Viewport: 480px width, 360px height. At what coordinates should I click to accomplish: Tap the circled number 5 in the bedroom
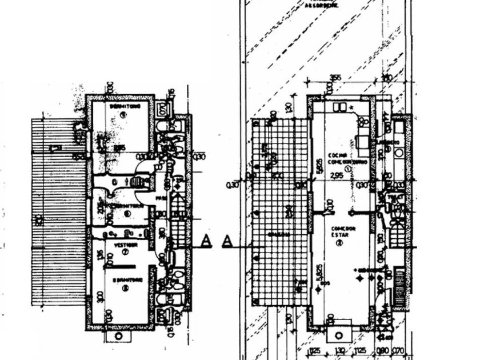(x=122, y=114)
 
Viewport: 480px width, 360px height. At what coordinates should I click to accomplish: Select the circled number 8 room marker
(x=125, y=288)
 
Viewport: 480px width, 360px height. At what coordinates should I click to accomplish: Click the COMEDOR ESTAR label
(x=343, y=231)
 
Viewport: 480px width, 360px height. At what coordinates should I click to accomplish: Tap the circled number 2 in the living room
(x=339, y=243)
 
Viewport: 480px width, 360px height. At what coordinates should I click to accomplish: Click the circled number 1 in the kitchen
(x=347, y=168)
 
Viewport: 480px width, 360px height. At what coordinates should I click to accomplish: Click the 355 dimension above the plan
(x=335, y=78)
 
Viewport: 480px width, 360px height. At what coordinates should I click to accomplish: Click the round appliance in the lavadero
(x=398, y=153)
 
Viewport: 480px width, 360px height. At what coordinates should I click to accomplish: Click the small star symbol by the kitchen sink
(x=350, y=107)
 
